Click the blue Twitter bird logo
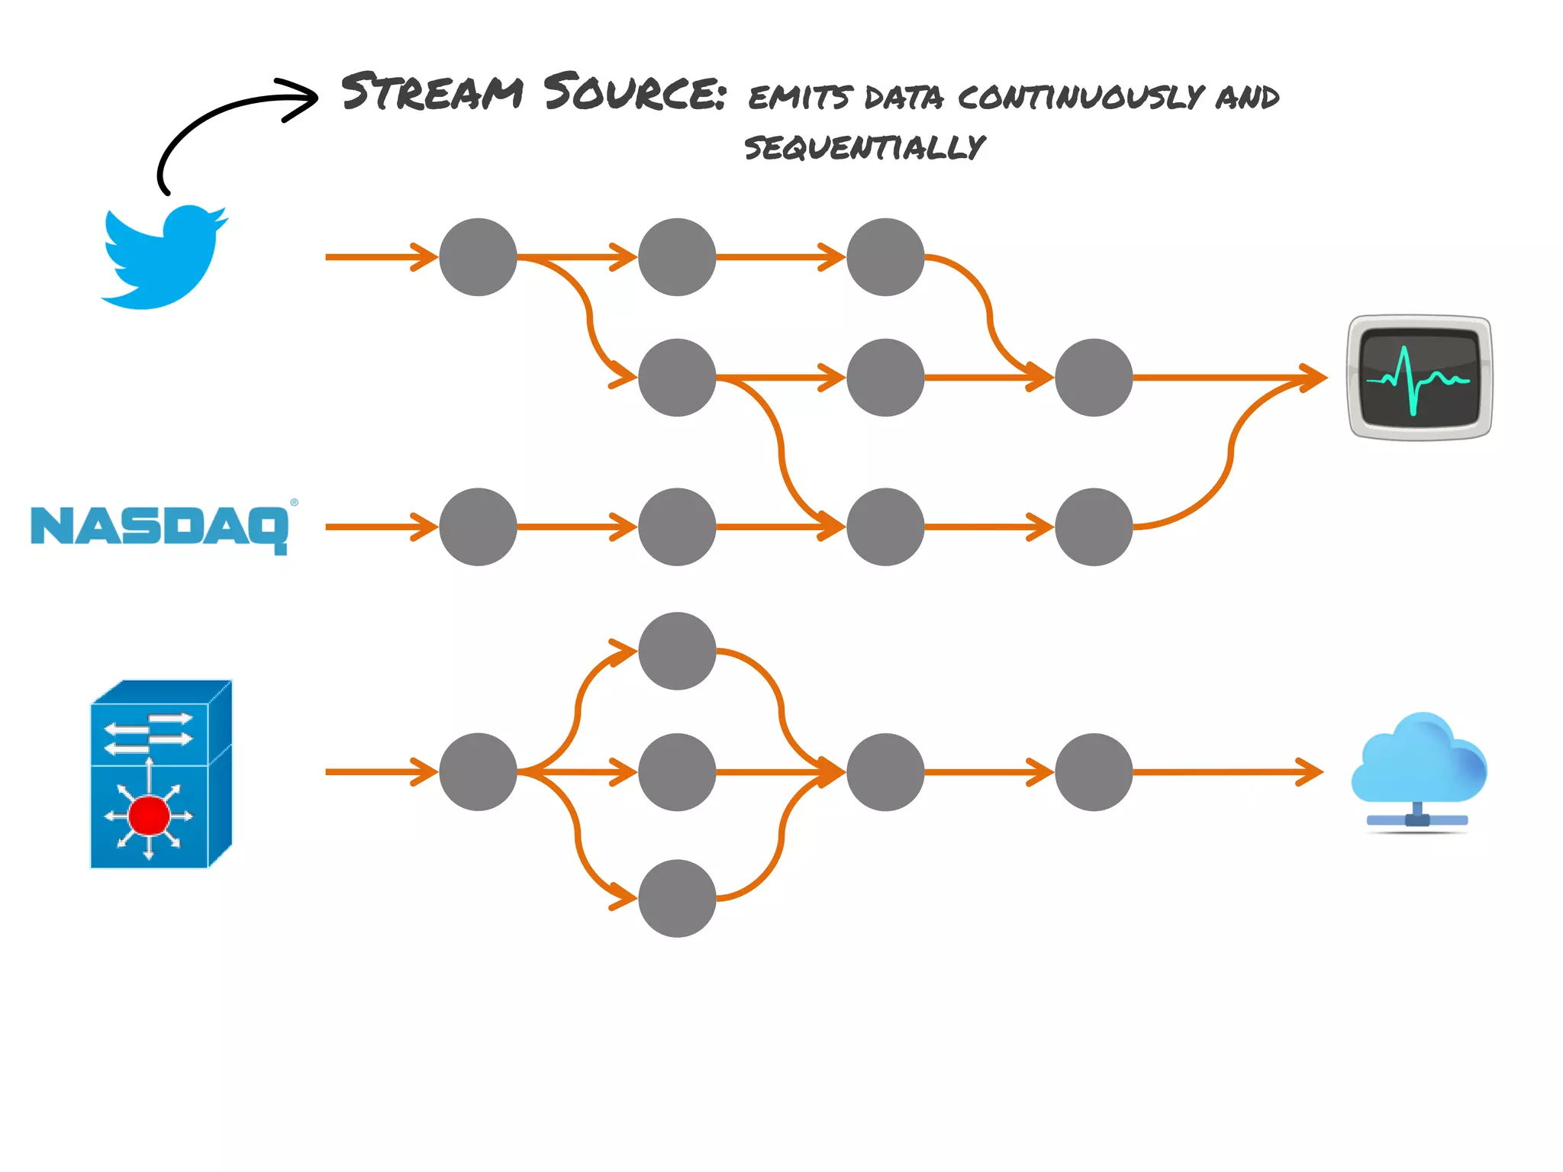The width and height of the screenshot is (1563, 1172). (163, 257)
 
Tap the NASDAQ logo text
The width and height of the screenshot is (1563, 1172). (160, 527)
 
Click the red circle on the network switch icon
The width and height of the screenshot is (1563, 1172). (149, 815)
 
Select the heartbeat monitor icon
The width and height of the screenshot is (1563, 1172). (1419, 378)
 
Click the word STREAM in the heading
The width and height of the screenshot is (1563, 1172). (432, 92)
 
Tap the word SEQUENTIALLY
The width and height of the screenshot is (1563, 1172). (864, 146)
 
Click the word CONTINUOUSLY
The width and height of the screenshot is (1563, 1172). (1080, 97)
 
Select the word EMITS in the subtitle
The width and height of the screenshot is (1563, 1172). (798, 98)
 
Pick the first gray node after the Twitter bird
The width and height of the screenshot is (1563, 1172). (478, 257)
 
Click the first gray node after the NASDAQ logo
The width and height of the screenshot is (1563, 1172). (478, 527)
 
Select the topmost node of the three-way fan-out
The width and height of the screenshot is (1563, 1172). (677, 651)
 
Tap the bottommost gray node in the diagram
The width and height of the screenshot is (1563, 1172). (677, 898)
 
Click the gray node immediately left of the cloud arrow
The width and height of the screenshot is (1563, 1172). (1094, 772)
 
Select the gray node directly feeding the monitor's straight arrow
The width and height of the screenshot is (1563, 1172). (1094, 378)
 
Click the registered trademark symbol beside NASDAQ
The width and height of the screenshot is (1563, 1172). (294, 503)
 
